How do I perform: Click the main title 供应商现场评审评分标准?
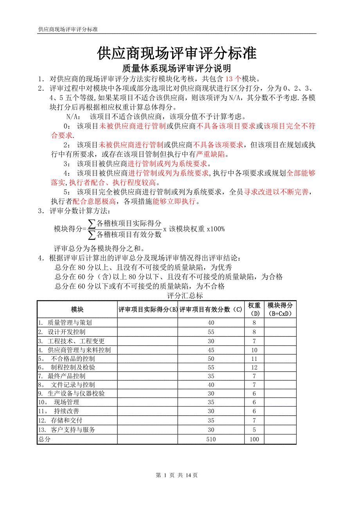coord(176,53)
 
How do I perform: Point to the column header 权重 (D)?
coord(254,309)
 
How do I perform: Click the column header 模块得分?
coord(280,305)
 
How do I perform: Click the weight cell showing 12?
coord(254,367)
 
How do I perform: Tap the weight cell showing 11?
coord(254,358)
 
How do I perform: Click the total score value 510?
coord(211,439)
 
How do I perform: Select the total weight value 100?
coord(254,439)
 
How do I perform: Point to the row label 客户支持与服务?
coord(72,430)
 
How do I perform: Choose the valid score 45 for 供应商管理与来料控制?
coord(211,350)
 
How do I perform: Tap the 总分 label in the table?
coord(44,439)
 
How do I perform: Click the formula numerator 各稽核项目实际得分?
coord(129,223)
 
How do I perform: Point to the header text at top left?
coord(68,29)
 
